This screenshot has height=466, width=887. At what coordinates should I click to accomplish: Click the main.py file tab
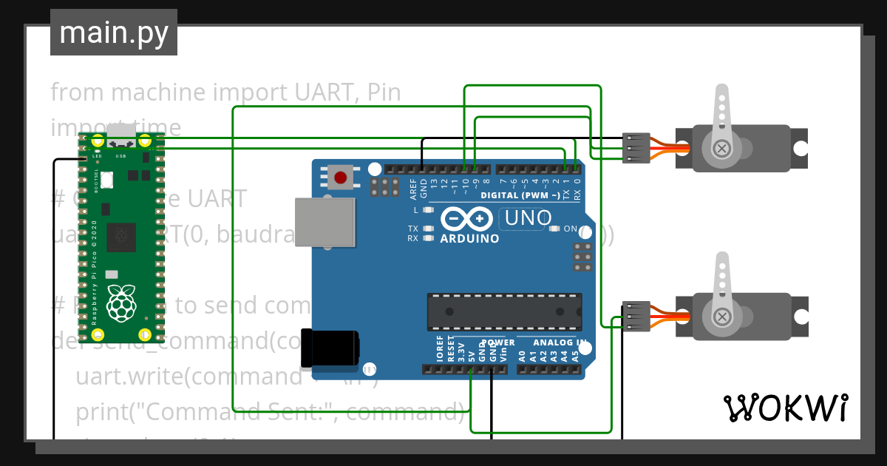tap(113, 33)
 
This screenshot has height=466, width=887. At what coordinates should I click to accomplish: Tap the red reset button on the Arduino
tap(341, 178)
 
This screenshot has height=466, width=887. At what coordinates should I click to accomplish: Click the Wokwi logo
tap(785, 408)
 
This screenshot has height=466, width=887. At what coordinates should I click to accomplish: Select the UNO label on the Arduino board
tap(526, 218)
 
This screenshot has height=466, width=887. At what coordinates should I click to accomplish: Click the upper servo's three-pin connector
tap(636, 148)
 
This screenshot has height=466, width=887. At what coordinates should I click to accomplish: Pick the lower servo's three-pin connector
tap(636, 316)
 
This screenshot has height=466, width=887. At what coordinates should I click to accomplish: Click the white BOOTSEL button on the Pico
tap(107, 179)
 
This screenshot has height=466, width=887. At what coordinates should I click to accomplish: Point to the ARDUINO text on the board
tap(469, 239)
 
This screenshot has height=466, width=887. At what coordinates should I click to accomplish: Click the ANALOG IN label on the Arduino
tap(560, 343)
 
